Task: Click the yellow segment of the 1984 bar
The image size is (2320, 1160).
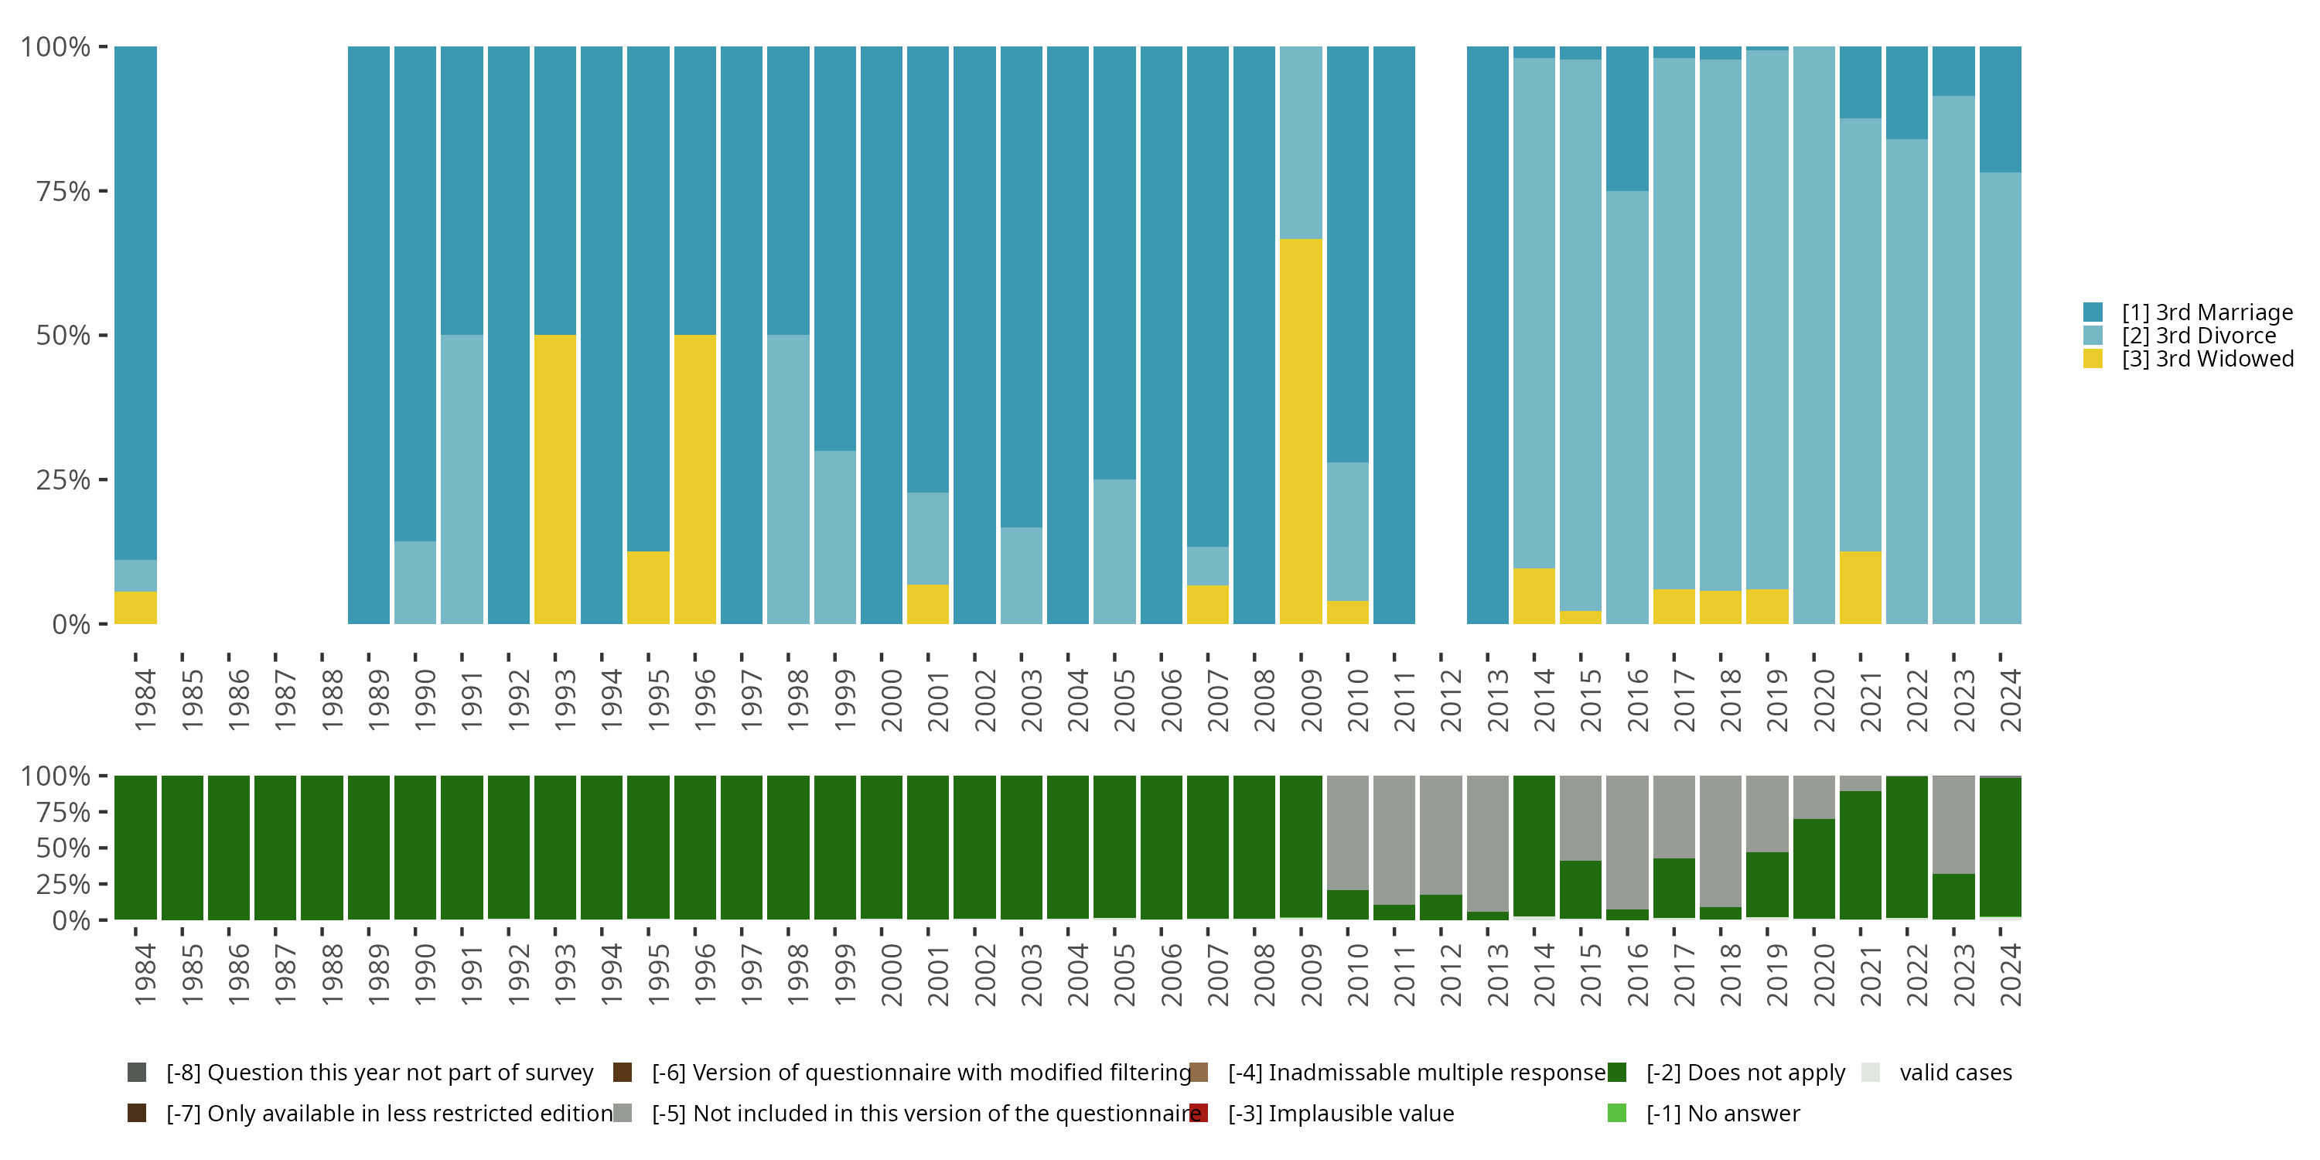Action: [135, 608]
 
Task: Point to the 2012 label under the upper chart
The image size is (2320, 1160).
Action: [1451, 700]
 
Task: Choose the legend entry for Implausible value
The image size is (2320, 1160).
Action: [1340, 1113]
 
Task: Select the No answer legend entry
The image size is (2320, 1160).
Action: [1722, 1113]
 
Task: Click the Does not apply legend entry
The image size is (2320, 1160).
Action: [1745, 1073]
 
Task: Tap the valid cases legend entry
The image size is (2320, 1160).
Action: [1954, 1073]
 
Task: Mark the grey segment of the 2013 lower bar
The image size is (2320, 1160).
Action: [1487, 842]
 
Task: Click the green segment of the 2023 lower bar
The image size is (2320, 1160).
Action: [1953, 896]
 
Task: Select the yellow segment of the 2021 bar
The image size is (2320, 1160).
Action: [1860, 587]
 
